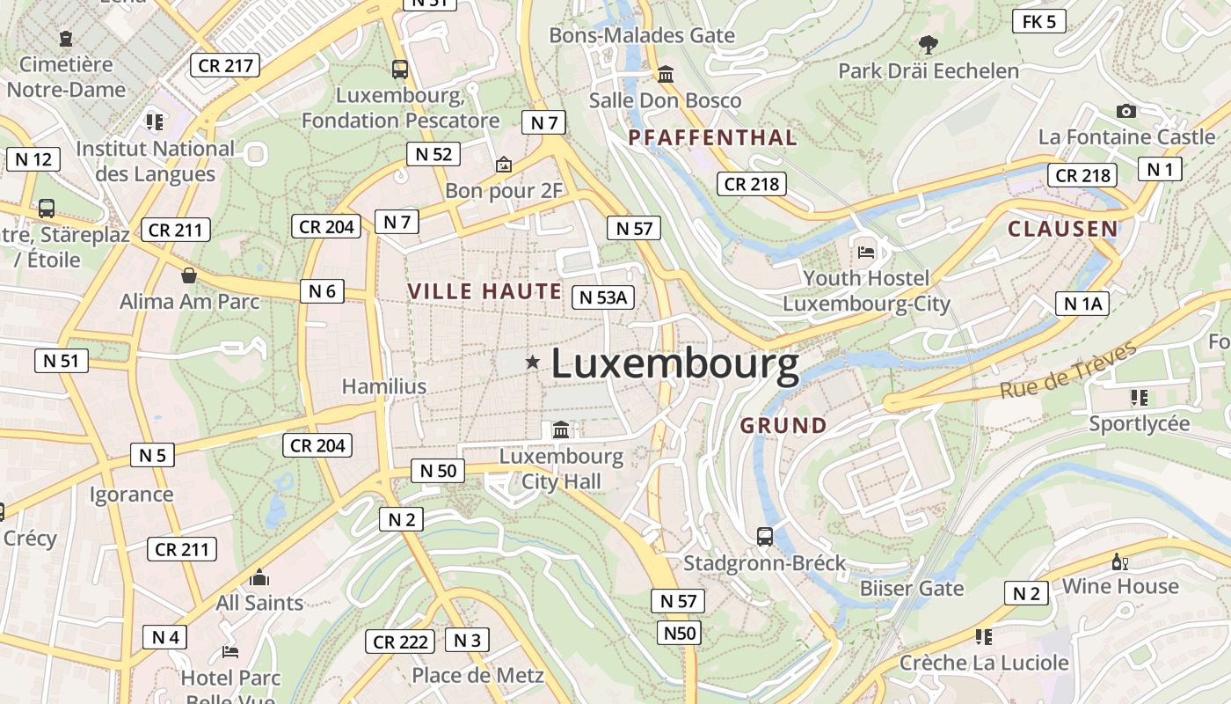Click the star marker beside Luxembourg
[x=532, y=362]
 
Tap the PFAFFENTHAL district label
[x=712, y=138]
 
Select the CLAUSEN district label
[x=1062, y=230]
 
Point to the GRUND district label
[x=783, y=426]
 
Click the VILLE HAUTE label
[x=484, y=291]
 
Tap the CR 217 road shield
[x=225, y=65]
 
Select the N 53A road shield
[x=603, y=297]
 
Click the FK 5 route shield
[x=1038, y=22]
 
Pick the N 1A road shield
[x=1082, y=304]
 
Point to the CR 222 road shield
[x=400, y=642]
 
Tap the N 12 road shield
[x=33, y=159]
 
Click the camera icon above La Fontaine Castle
[x=1125, y=111]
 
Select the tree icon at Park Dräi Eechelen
[x=928, y=43]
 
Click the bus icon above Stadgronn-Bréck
[x=765, y=536]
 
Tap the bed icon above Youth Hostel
[x=866, y=252]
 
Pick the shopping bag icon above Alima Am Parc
[x=189, y=275]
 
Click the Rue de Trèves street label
[x=1067, y=370]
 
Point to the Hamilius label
[x=383, y=386]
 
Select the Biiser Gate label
[x=912, y=588]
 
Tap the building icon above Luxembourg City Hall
[x=561, y=430]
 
